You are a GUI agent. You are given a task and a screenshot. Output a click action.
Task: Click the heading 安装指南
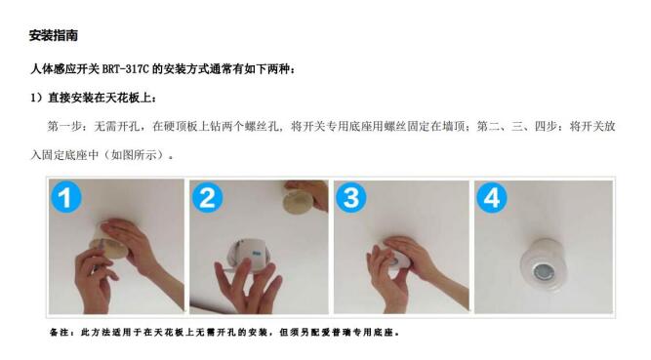point(53,35)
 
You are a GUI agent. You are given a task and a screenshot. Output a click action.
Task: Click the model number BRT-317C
point(125,69)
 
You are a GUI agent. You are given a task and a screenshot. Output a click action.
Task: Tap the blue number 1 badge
point(65,197)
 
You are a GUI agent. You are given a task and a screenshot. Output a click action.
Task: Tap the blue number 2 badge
point(207,197)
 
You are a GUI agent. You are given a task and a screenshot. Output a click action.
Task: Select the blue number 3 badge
point(350,197)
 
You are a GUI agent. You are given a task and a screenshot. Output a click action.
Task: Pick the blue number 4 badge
point(492,197)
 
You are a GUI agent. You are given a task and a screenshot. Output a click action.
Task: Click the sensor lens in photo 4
point(543,272)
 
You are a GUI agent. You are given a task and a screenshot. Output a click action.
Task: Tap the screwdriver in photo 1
point(100,257)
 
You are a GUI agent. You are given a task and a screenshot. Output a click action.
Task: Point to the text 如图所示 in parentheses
point(134,155)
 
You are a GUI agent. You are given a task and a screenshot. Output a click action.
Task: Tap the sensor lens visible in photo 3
point(393,262)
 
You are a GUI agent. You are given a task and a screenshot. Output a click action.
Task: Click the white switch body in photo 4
point(543,264)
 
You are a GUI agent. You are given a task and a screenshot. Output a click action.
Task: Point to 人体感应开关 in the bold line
point(64,69)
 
